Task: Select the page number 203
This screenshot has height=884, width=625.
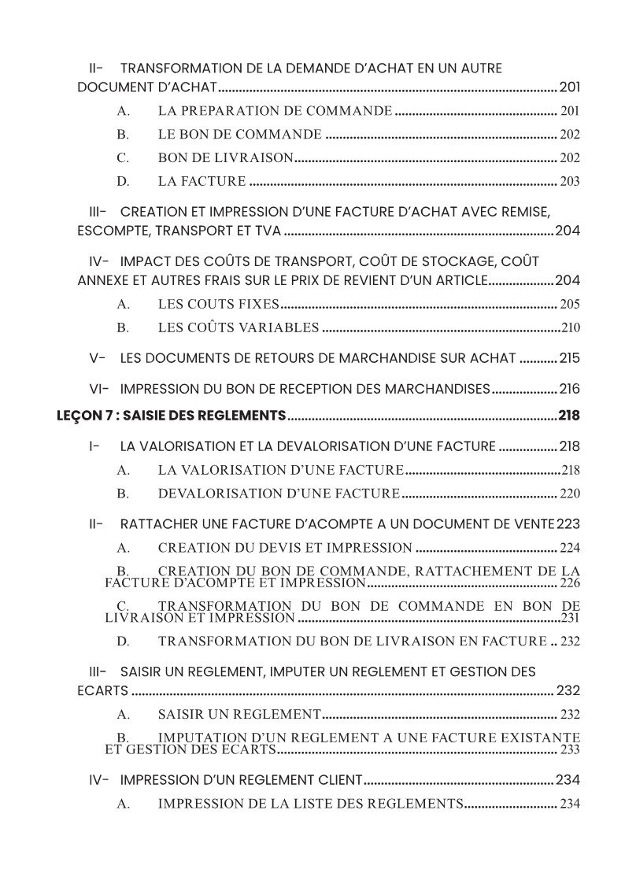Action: (570, 182)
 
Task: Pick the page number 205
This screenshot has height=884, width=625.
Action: (570, 305)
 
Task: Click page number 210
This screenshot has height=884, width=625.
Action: (571, 328)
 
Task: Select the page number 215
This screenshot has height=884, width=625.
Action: (570, 358)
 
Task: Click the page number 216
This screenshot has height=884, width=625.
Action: (570, 388)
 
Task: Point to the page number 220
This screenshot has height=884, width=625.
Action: (570, 494)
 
